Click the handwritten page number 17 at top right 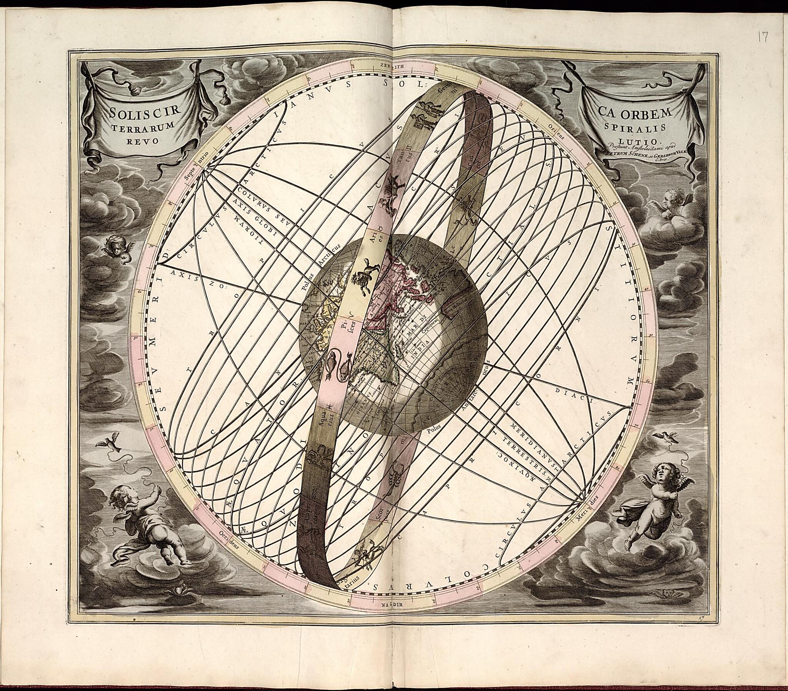tap(763, 37)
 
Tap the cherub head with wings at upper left tap(118, 248)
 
